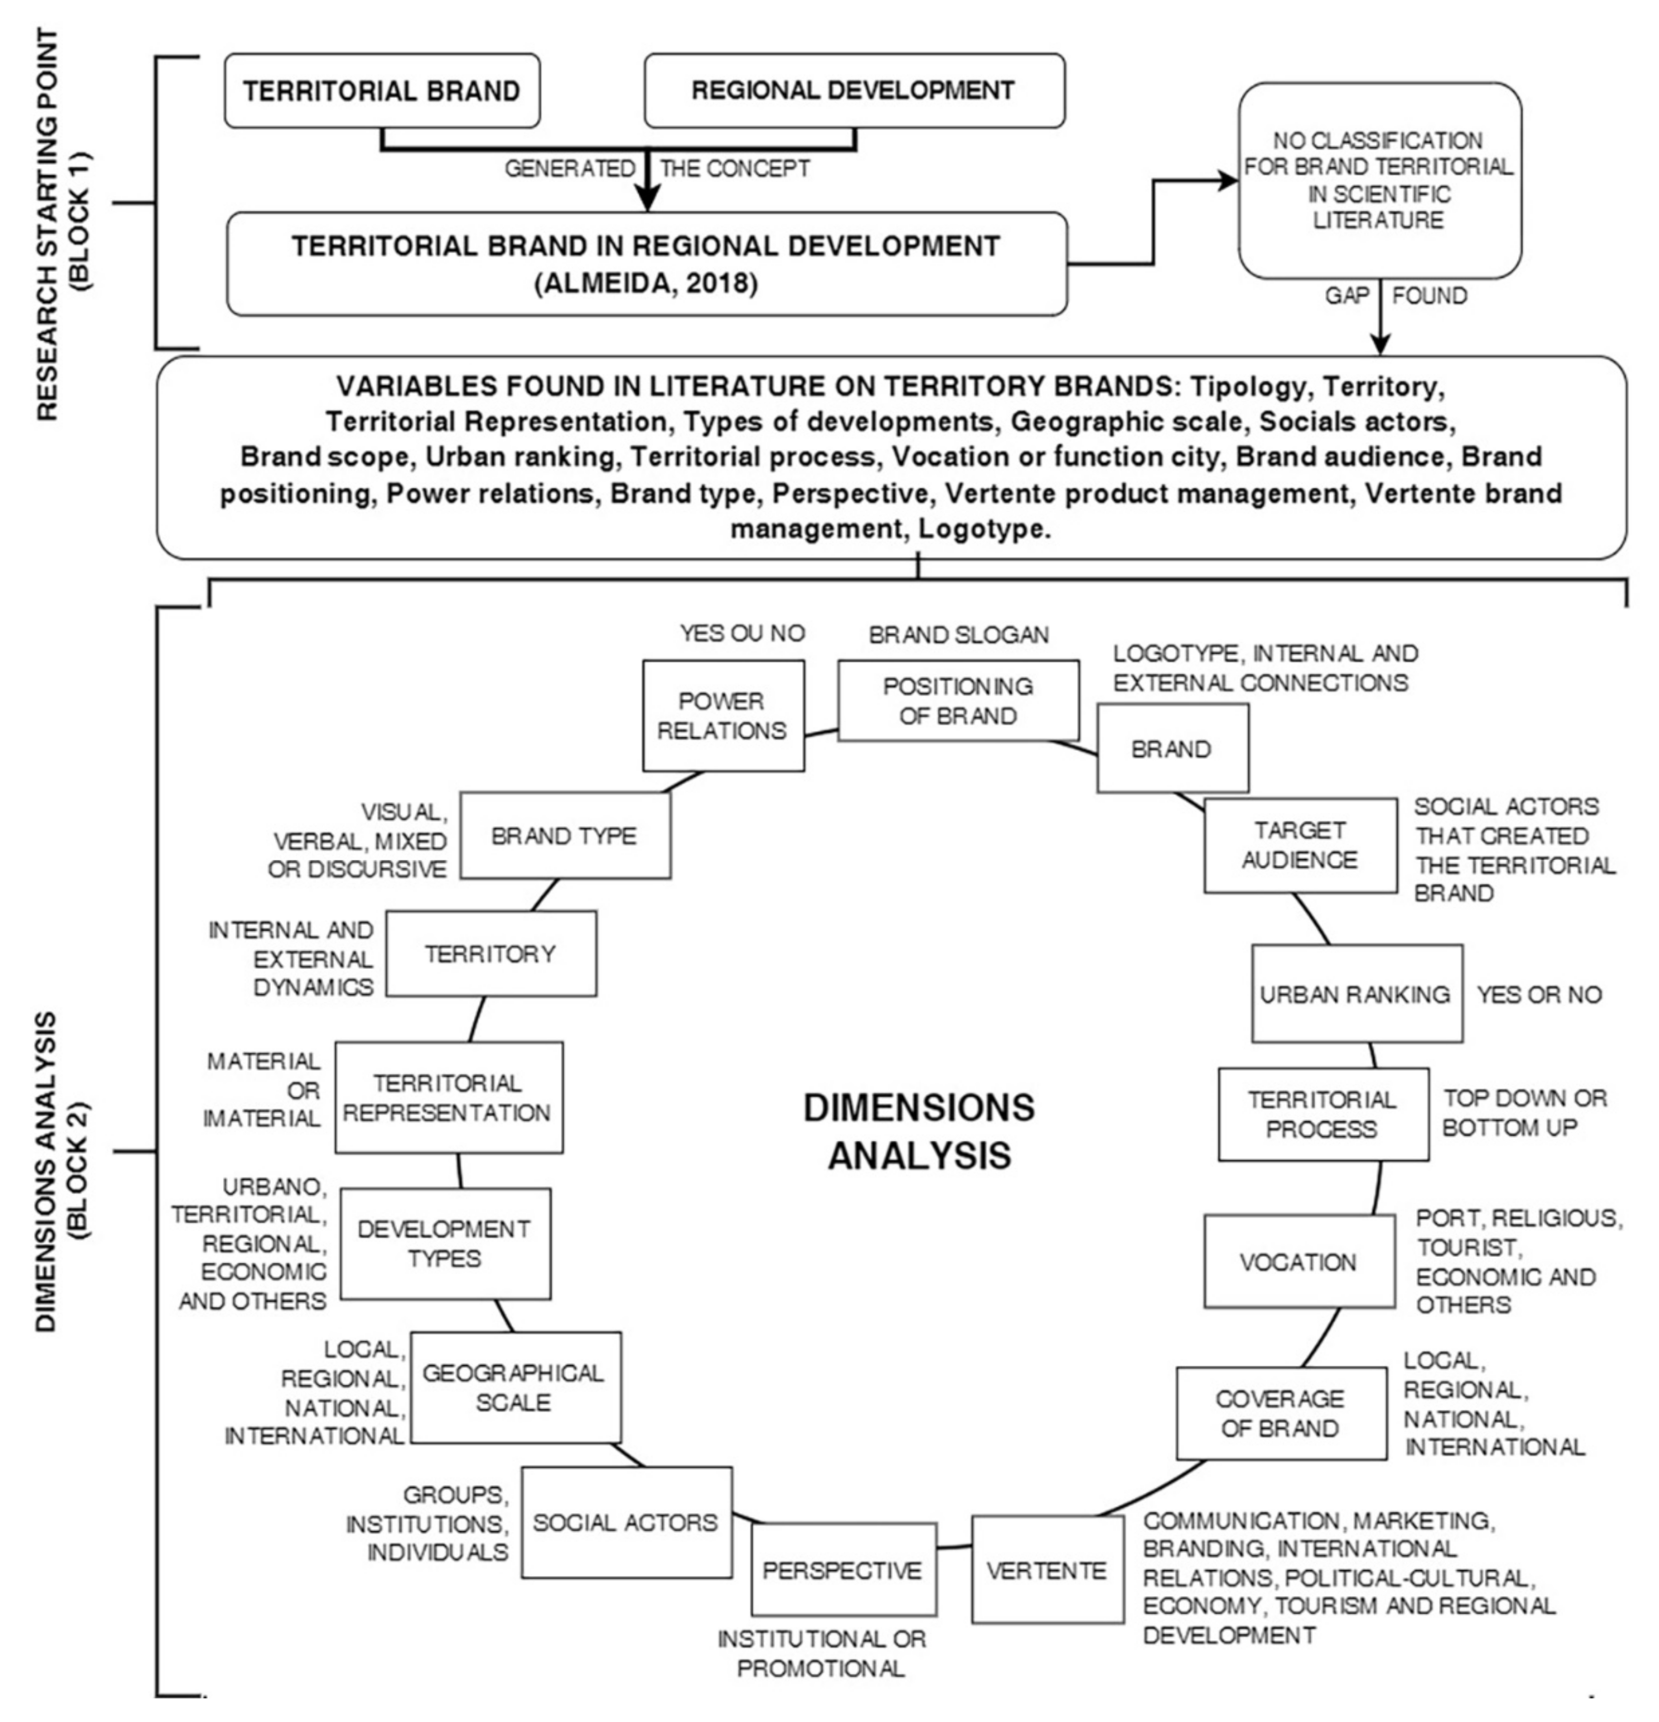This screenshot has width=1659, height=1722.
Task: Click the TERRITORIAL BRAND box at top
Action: point(381,91)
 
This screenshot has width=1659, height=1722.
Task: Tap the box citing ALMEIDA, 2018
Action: point(647,264)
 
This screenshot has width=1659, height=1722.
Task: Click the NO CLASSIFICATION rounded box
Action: point(1379,181)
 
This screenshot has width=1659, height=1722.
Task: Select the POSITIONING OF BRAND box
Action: point(958,701)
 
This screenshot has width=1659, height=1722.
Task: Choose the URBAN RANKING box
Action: point(1356,993)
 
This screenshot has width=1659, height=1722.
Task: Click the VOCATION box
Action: point(1299,1262)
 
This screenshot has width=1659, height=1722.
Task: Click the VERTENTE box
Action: point(1047,1570)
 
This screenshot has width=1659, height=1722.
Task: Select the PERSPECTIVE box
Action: point(843,1570)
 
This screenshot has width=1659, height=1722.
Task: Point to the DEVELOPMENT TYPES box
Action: point(445,1243)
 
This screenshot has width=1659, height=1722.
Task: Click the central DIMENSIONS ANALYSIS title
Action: point(919,1131)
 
